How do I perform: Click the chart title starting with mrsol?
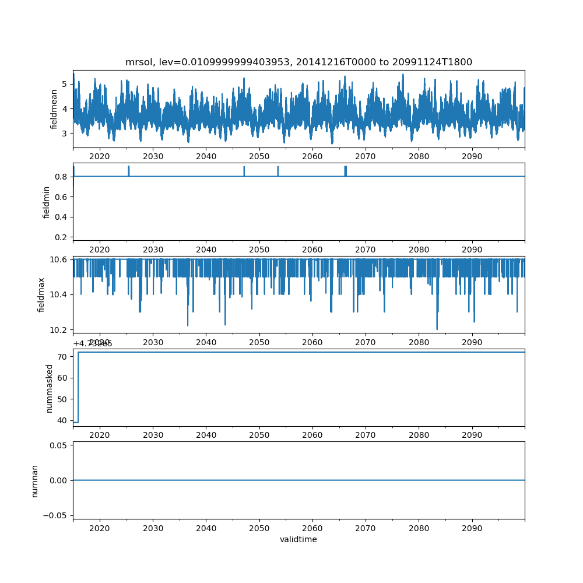(298, 62)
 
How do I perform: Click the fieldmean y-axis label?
(54, 109)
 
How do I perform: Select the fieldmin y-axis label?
(47, 202)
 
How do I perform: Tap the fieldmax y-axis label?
(41, 294)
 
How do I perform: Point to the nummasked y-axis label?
(50, 388)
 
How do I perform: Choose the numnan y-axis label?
(34, 480)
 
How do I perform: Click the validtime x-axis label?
(298, 539)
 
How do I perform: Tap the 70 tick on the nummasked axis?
(64, 356)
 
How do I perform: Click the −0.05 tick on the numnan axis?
(56, 515)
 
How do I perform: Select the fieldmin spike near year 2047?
(244, 170)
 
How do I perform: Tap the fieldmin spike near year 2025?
(128, 170)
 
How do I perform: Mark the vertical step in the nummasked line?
(78, 387)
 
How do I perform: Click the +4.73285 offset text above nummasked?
(93, 343)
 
